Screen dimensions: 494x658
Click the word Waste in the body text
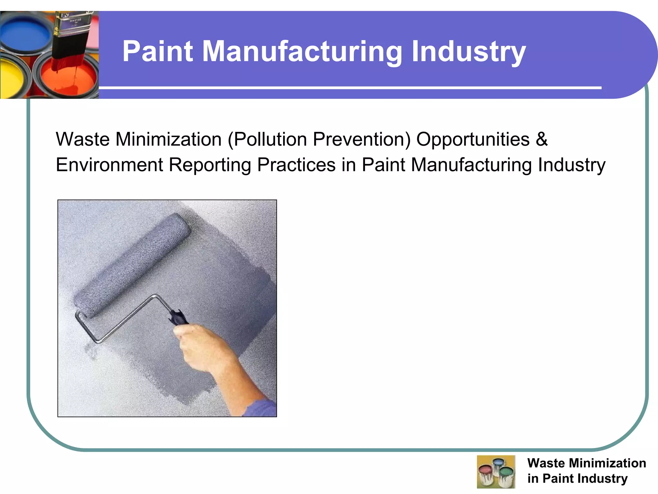(x=83, y=139)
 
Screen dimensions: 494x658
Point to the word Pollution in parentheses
(x=270, y=139)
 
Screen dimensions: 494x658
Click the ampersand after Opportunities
(x=542, y=139)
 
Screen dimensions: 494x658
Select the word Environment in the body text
(x=109, y=165)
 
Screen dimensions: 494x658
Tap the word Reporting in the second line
(x=210, y=165)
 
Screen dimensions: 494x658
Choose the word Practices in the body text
(x=296, y=165)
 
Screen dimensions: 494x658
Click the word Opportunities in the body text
(x=473, y=139)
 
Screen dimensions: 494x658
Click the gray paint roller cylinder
(x=132, y=265)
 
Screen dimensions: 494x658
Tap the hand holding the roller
(x=206, y=347)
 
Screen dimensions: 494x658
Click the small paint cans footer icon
(x=496, y=471)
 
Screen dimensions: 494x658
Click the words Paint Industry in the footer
(x=585, y=479)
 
